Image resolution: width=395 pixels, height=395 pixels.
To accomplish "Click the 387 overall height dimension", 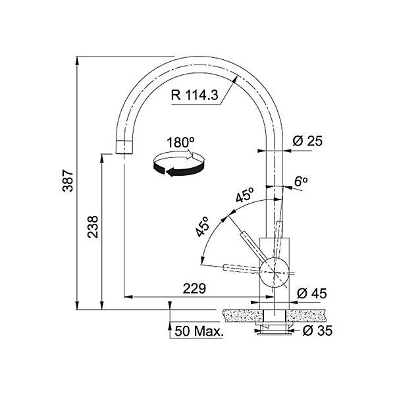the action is click(x=68, y=180).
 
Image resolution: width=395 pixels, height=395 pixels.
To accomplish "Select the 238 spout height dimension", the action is click(x=93, y=226).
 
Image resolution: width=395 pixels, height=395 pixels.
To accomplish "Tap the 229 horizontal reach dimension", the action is click(x=194, y=288).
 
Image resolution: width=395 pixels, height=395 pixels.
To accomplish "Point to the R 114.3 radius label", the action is click(x=194, y=95).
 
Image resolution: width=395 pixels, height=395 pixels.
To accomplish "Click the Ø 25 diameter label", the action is click(x=307, y=141).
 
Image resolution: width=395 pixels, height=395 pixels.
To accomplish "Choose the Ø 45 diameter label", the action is click(x=312, y=293).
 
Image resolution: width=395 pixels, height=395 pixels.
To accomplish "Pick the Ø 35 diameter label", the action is click(x=318, y=330).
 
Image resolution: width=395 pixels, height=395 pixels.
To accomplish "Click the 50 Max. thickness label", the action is click(x=199, y=331).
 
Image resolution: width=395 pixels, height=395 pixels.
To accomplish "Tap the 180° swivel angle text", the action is click(x=181, y=142).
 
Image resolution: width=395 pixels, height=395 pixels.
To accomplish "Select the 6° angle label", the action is click(x=301, y=181).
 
